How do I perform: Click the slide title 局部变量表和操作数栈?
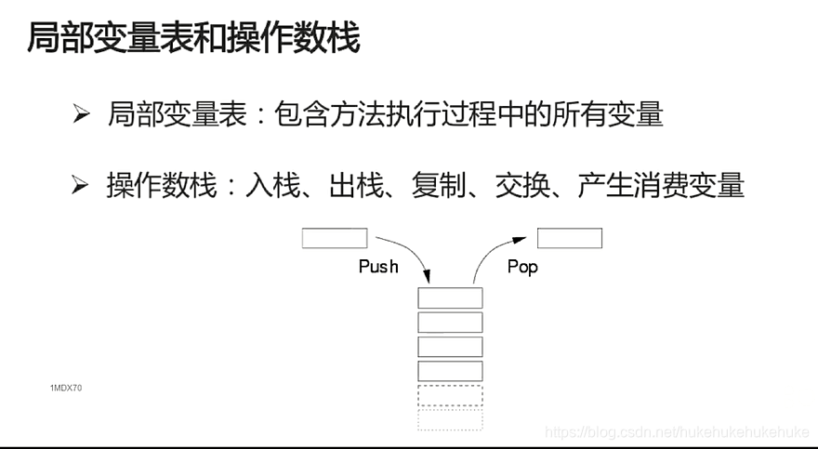pyautogui.click(x=192, y=39)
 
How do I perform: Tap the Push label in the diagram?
pyautogui.click(x=378, y=267)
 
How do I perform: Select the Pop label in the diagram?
pyautogui.click(x=522, y=267)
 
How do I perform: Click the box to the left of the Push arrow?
pyautogui.click(x=335, y=238)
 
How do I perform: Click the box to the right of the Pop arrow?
pyautogui.click(x=570, y=238)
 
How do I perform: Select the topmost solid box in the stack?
pyautogui.click(x=450, y=298)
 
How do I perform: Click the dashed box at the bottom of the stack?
pyautogui.click(x=450, y=419)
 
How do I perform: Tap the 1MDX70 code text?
pyautogui.click(x=66, y=387)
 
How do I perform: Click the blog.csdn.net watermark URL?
pyautogui.click(x=676, y=432)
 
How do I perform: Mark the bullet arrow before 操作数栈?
pyautogui.click(x=81, y=186)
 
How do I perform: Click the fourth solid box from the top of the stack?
pyautogui.click(x=450, y=371)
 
